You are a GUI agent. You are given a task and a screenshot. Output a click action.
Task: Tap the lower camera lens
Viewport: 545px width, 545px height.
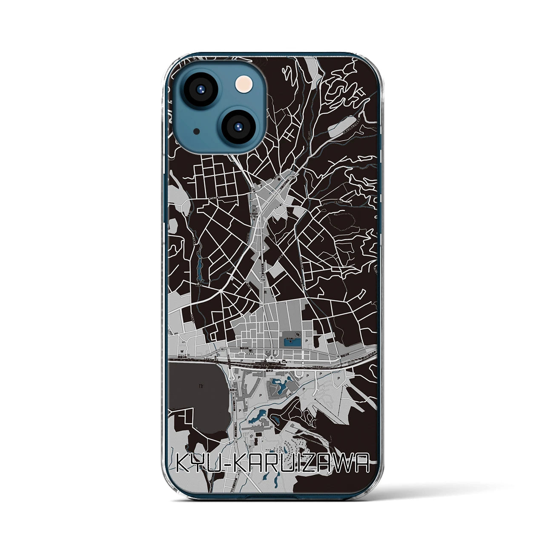[238, 126]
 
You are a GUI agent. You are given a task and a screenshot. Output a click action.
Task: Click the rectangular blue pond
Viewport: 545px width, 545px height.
[292, 341]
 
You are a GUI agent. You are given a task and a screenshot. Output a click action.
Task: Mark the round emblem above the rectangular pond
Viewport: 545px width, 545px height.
[298, 333]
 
